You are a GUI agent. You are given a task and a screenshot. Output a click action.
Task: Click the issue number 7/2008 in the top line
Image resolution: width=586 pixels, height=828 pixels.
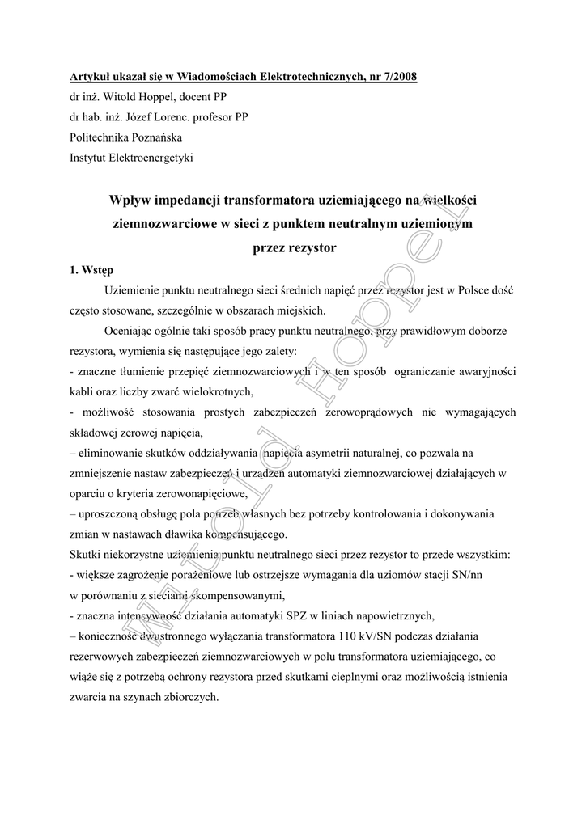396,77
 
